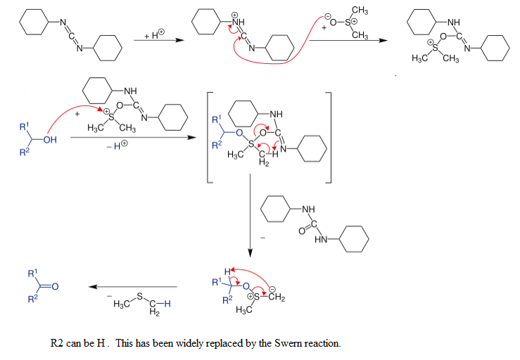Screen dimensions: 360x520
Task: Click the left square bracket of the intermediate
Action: click(x=209, y=137)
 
